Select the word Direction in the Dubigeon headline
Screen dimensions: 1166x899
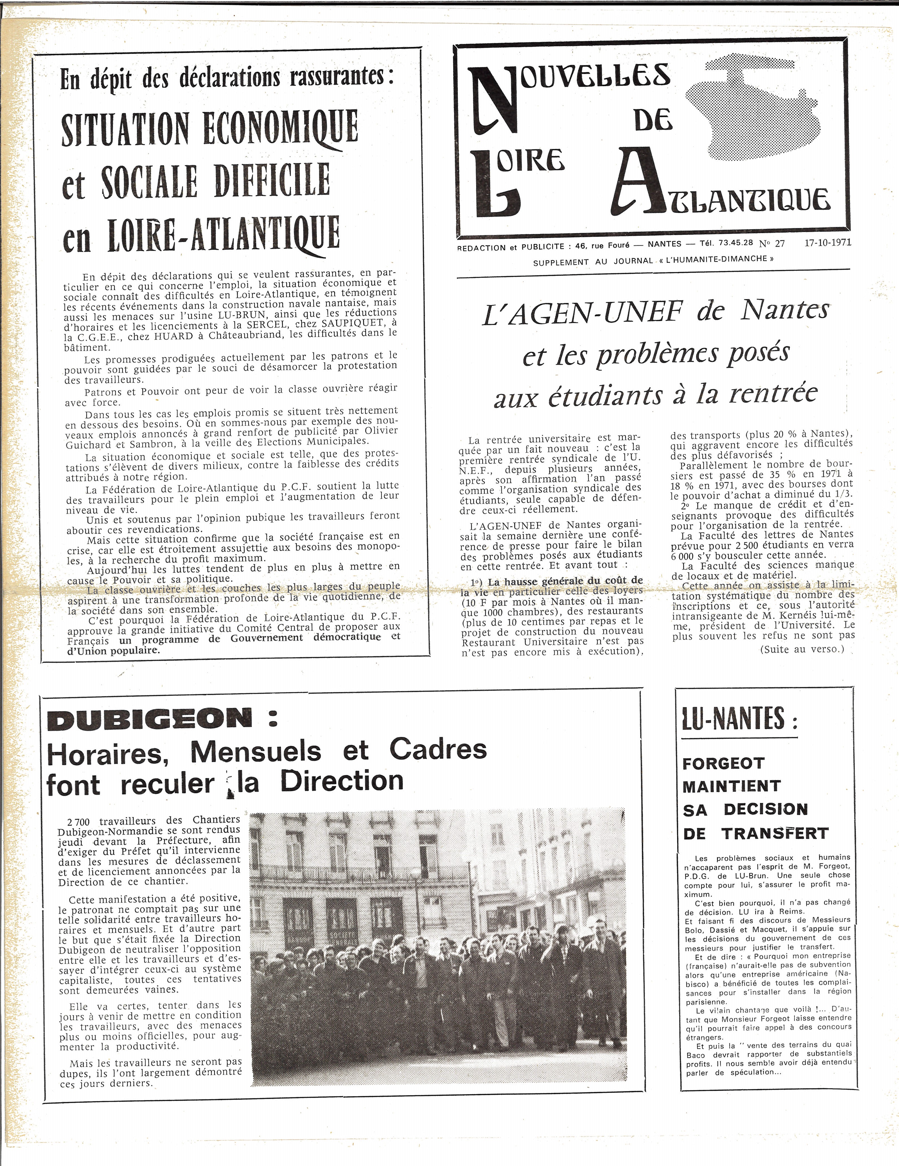tap(342, 781)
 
